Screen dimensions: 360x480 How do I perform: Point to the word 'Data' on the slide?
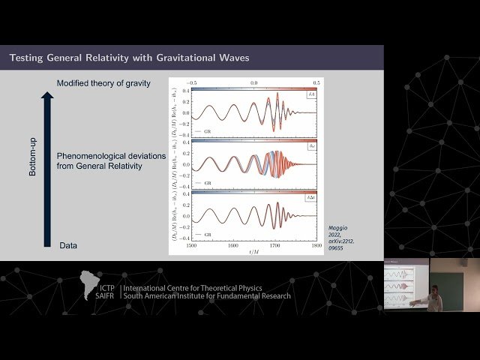click(x=68, y=245)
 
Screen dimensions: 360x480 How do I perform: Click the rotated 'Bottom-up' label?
click(x=33, y=161)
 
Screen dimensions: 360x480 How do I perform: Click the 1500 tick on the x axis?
click(x=191, y=244)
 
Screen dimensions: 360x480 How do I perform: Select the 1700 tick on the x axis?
click(x=275, y=244)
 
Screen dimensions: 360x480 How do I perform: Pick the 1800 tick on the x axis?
click(x=316, y=244)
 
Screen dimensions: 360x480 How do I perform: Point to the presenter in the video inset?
click(x=434, y=299)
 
